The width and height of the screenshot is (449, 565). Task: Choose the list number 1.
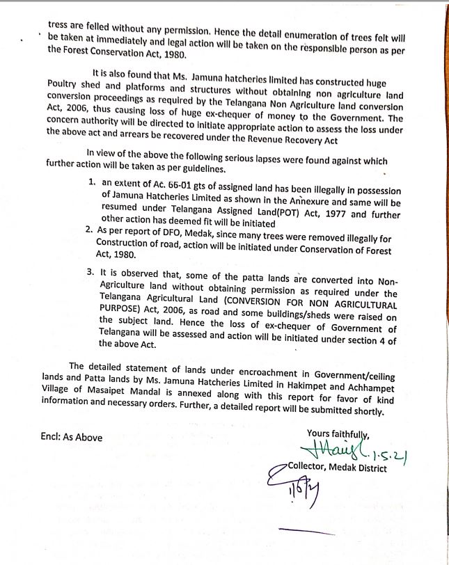tap(93, 181)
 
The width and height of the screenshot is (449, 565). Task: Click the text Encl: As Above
tap(72, 437)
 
